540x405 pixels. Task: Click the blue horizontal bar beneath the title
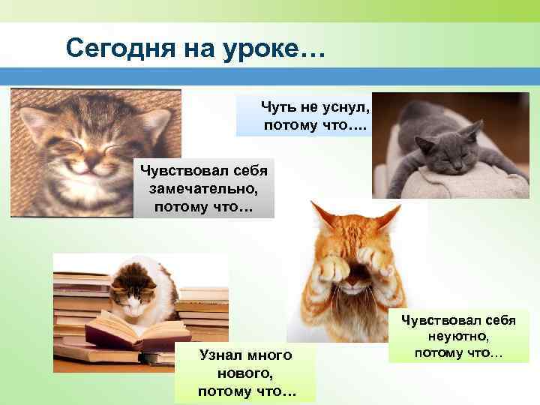(x=270, y=76)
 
